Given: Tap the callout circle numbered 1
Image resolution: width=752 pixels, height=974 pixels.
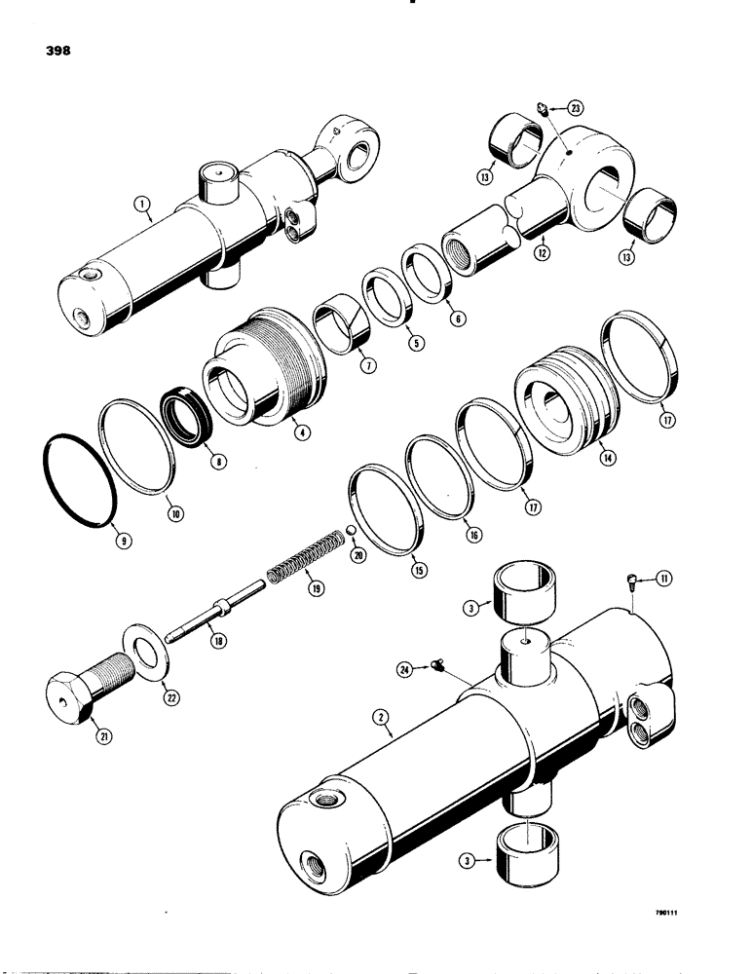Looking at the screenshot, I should click(141, 204).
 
